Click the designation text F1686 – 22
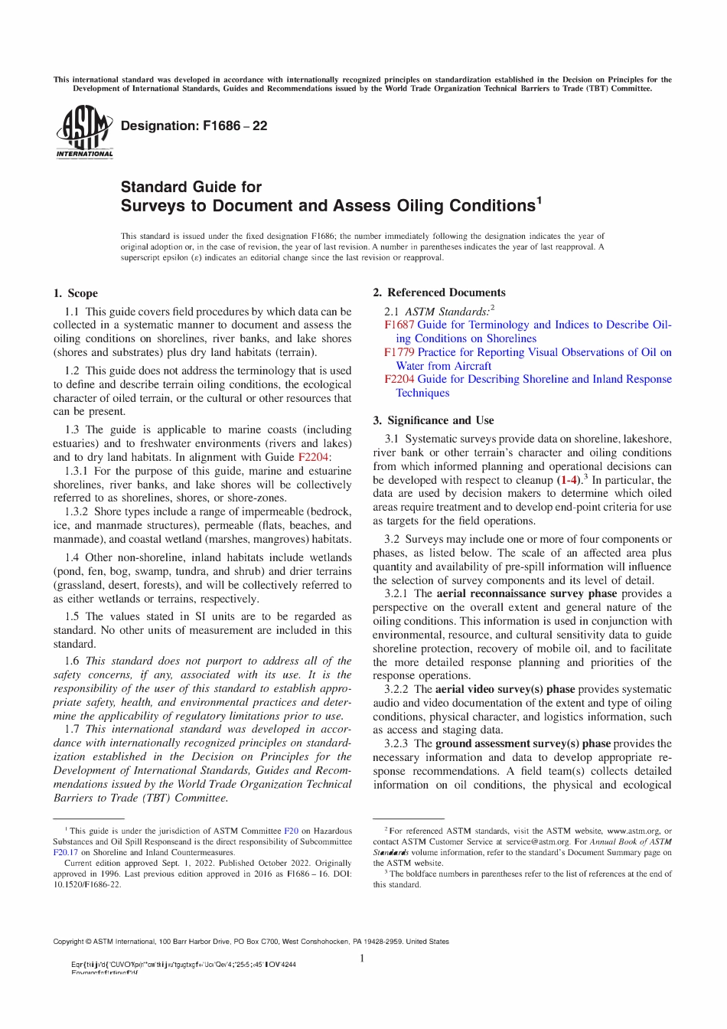tap(194, 126)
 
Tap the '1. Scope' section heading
tap(76, 293)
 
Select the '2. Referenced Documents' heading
tap(438, 292)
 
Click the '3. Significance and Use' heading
tap(433, 420)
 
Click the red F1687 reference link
tap(399, 325)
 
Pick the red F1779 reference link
tap(399, 352)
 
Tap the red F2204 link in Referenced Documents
tap(399, 379)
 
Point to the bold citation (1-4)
tap(568, 480)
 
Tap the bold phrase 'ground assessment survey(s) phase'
tap(523, 743)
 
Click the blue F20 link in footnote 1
tap(291, 831)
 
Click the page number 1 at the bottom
tap(362, 959)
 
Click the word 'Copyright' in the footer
tap(67, 942)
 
